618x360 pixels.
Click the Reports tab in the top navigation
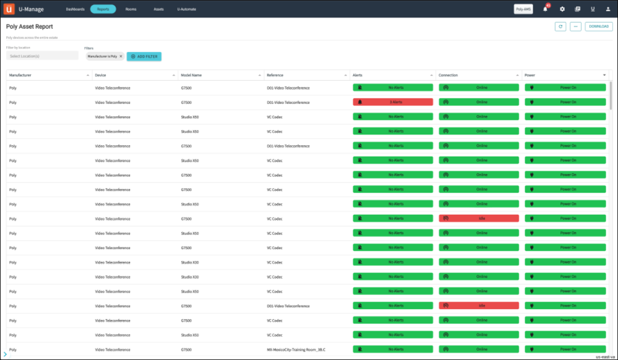click(x=103, y=9)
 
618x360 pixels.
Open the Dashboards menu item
click(x=75, y=9)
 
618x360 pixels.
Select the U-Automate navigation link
click(x=187, y=9)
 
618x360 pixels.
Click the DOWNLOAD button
click(x=598, y=27)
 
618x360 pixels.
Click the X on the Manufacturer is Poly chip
click(x=121, y=57)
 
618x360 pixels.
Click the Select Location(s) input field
click(x=42, y=56)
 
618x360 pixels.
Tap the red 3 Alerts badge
click(x=393, y=102)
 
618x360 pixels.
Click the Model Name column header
click(x=191, y=75)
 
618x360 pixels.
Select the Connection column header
click(x=448, y=75)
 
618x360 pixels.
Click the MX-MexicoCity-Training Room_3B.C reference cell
click(x=296, y=350)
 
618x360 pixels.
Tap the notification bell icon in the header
click(x=545, y=9)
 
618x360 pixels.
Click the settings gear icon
click(x=562, y=9)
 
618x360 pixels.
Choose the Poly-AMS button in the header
click(x=523, y=9)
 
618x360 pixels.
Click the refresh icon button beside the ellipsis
click(x=560, y=27)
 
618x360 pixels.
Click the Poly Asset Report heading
click(x=29, y=27)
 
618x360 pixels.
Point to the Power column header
click(x=530, y=75)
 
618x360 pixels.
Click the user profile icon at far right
click(x=608, y=9)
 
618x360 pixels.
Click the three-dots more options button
click(x=576, y=27)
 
